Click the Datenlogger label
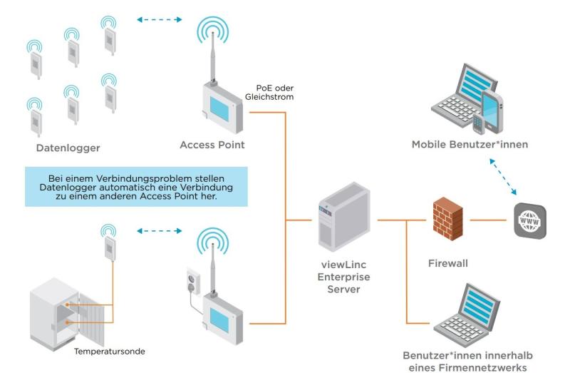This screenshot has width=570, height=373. pyautogui.click(x=68, y=148)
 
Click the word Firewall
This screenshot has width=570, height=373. pyautogui.click(x=447, y=263)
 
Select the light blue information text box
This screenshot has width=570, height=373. pyautogui.click(x=136, y=186)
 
